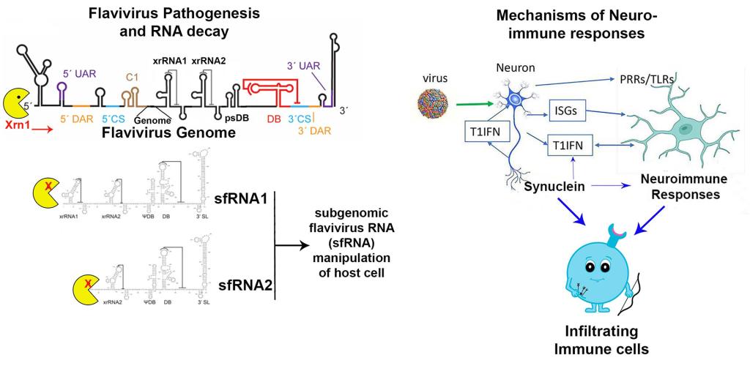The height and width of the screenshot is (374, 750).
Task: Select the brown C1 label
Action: coord(132,75)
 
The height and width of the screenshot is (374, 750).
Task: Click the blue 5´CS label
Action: coord(116,117)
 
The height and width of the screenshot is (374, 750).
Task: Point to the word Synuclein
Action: coord(554,187)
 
